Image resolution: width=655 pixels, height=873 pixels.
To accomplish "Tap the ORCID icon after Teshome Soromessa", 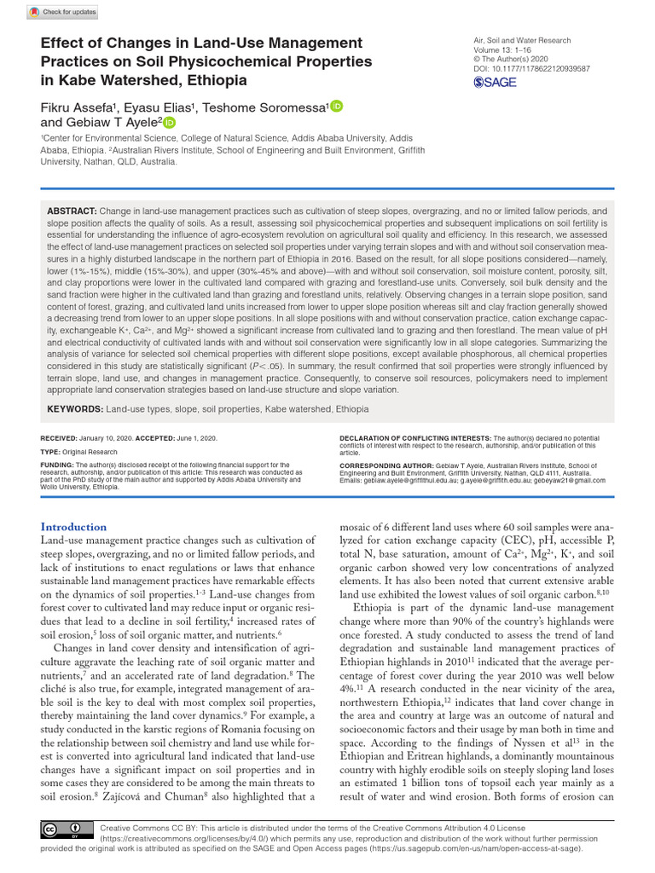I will (x=336, y=107).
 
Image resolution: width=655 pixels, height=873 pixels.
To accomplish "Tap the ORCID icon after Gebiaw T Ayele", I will (x=170, y=124).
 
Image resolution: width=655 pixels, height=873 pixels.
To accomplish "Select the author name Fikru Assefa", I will (x=80, y=107).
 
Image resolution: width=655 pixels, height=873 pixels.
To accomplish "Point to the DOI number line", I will (x=531, y=68).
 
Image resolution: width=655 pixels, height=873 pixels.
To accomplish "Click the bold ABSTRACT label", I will (x=72, y=211).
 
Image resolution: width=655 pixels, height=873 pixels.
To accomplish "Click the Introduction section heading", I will (x=74, y=527).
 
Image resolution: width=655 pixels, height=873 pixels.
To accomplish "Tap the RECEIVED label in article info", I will (x=60, y=437).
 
